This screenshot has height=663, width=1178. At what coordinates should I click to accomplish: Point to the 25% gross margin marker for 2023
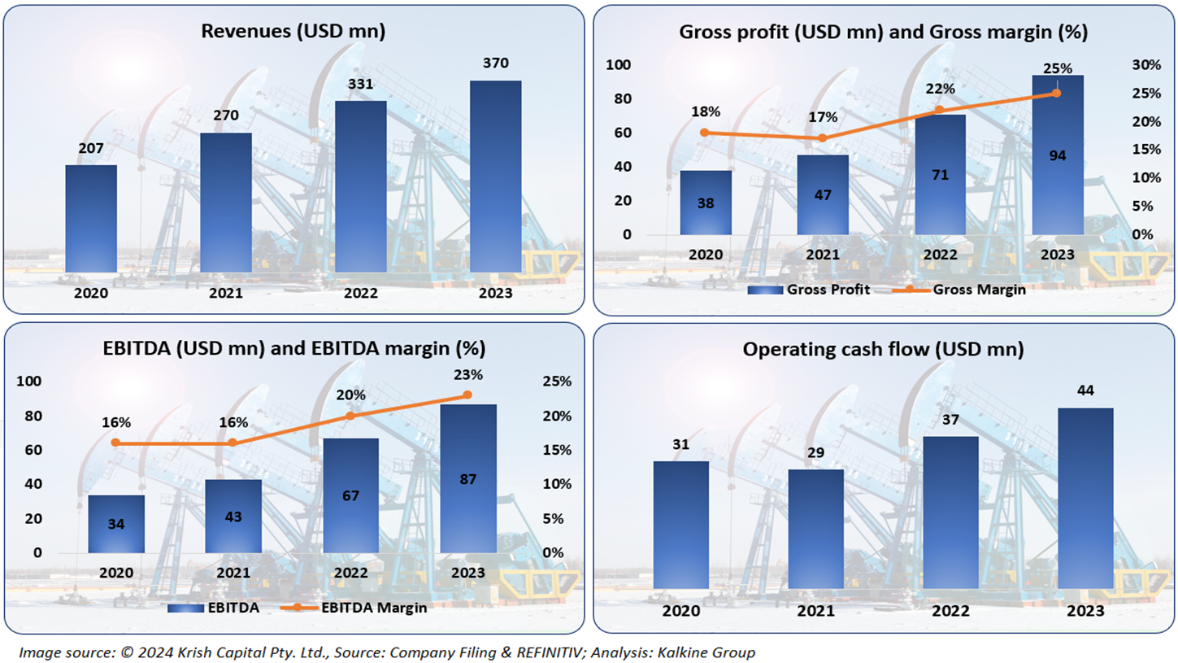click(1057, 94)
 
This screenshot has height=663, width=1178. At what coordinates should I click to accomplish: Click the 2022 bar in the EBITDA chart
click(350, 495)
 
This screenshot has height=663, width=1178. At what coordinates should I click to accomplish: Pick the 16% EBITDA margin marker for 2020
click(115, 443)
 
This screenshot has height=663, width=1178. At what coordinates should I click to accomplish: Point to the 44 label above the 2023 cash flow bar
click(1085, 391)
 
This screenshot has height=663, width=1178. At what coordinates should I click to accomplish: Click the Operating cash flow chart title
click(883, 350)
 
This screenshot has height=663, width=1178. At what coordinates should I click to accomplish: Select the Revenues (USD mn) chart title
click(293, 32)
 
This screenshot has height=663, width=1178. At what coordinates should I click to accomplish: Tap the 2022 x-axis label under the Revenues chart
click(360, 293)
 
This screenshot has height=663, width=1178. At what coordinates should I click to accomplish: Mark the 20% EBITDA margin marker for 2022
click(350, 416)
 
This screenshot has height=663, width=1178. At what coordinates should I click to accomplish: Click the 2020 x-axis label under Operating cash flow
click(680, 611)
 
